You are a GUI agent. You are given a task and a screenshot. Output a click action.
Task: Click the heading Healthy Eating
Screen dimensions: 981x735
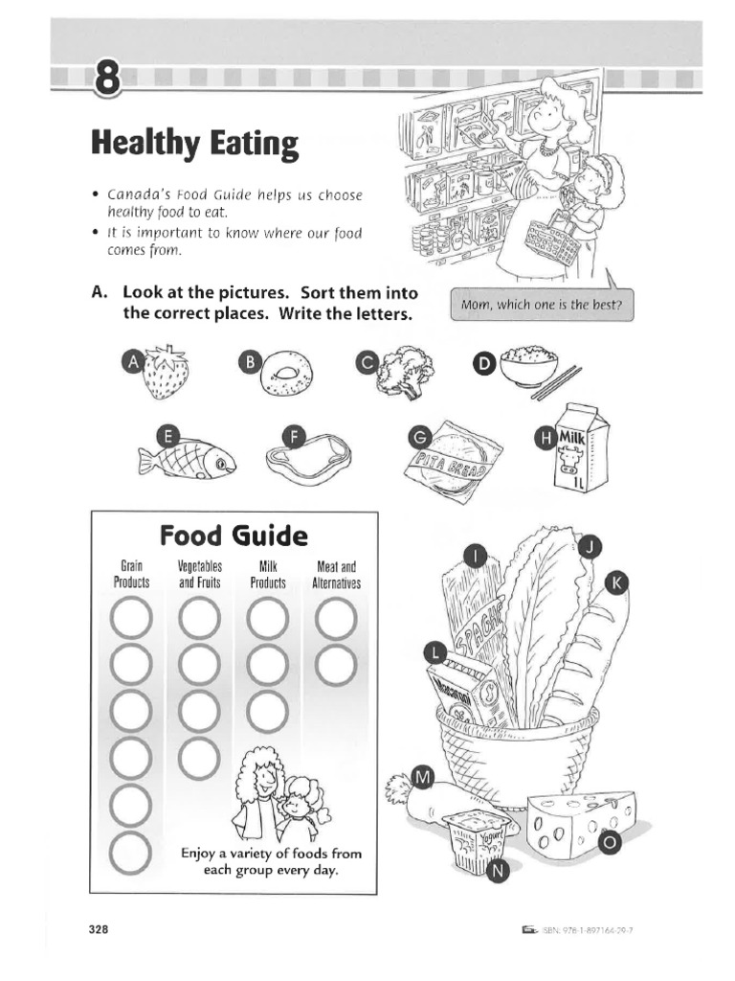click(x=194, y=145)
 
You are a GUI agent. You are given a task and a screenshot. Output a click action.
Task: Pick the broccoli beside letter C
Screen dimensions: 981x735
click(x=406, y=374)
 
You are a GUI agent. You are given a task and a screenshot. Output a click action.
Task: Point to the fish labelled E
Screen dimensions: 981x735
click(x=191, y=460)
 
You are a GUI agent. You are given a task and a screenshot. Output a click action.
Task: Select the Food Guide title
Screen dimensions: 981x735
click(x=234, y=534)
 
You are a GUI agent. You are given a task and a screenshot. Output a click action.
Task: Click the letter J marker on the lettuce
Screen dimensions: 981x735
click(x=590, y=546)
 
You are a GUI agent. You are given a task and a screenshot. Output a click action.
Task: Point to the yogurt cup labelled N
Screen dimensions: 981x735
click(x=475, y=841)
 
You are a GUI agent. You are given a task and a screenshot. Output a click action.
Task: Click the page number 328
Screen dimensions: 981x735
click(x=100, y=930)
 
